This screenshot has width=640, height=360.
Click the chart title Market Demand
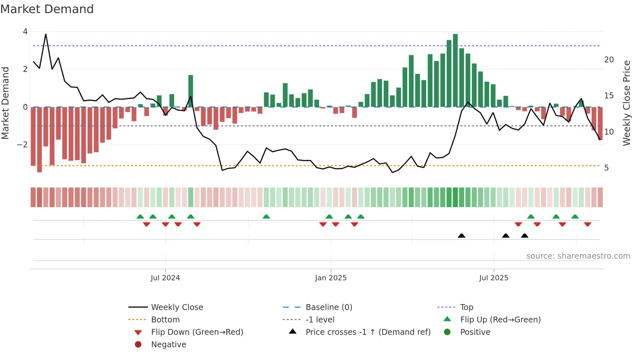coord(47,9)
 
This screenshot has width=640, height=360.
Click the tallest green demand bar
coord(455,70)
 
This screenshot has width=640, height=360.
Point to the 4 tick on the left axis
coord(25,32)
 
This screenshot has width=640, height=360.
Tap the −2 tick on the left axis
coord(22,145)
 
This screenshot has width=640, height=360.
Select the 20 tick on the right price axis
coord(609,60)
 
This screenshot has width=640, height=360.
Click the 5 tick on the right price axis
coord(606,168)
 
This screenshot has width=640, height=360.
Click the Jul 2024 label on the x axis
coord(165,278)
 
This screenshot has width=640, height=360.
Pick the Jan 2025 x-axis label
coord(331,278)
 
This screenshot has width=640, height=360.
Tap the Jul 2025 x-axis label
coord(494,278)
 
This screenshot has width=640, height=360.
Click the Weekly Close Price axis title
coord(626,103)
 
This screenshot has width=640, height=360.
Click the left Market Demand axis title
coord(5,103)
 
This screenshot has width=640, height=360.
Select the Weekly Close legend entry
coord(177,307)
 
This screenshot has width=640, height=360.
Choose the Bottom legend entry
coord(165,320)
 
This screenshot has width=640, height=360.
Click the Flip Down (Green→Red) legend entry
coord(197,332)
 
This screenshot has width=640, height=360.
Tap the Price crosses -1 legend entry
coord(368,332)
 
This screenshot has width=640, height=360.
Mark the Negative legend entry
coord(168,345)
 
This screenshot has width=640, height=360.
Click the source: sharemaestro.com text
coord(578,256)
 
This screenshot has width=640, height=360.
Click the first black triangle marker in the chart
coord(461,236)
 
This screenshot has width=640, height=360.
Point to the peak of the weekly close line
coord(46,34)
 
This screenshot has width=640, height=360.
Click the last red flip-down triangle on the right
coord(587,224)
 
